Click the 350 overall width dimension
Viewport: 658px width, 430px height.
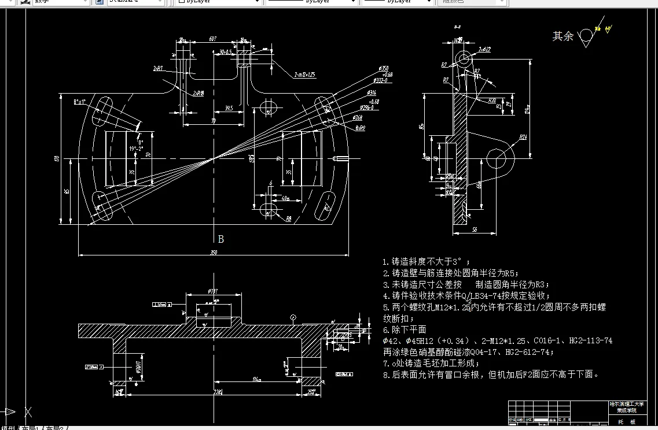[x=214, y=252]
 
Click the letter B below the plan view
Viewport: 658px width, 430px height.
[x=220, y=239]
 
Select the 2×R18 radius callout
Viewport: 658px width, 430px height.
[x=198, y=92]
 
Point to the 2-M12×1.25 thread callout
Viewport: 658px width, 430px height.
[x=304, y=75]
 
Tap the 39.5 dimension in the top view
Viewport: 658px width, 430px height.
[x=229, y=108]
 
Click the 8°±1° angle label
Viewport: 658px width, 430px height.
[x=79, y=102]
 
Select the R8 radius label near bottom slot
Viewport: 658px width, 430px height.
[x=288, y=219]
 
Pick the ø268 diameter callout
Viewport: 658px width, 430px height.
[x=358, y=117]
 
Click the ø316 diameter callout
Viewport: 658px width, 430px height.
[x=372, y=92]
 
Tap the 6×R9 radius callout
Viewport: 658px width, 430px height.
[x=360, y=128]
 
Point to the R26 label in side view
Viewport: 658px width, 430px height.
[x=523, y=137]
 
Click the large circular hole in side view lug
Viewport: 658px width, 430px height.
[x=498, y=160]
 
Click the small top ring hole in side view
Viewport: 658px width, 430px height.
[x=463, y=58]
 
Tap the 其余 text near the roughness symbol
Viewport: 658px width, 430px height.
[x=563, y=36]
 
